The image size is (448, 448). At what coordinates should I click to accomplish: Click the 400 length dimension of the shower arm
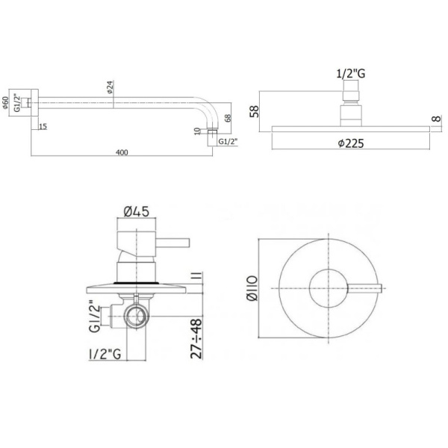[122, 152]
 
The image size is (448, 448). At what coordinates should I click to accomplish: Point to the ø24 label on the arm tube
[111, 88]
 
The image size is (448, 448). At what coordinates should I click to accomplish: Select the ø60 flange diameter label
[6, 104]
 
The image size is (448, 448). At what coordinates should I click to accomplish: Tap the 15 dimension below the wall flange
[43, 127]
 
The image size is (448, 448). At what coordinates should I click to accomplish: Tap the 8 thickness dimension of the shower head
[436, 119]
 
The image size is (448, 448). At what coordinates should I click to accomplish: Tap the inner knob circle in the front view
[327, 287]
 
